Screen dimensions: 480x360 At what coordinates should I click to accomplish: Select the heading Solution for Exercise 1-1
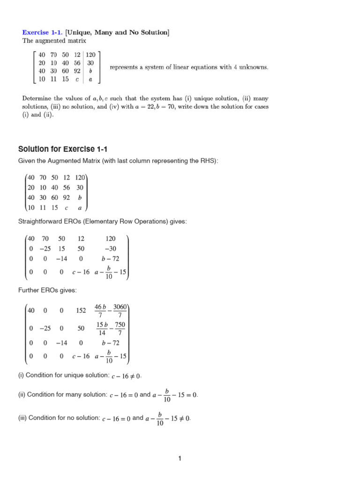pyautogui.click(x=63, y=149)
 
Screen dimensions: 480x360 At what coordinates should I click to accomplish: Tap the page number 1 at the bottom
pyautogui.click(x=180, y=459)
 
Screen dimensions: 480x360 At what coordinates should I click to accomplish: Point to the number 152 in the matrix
pyautogui.click(x=81, y=310)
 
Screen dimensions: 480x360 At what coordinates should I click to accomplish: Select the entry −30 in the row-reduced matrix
pyautogui.click(x=111, y=248)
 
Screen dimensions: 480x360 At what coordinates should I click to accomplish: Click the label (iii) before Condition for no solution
pyautogui.click(x=22, y=418)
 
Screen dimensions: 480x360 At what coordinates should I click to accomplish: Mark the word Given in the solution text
pyautogui.click(x=27, y=161)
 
